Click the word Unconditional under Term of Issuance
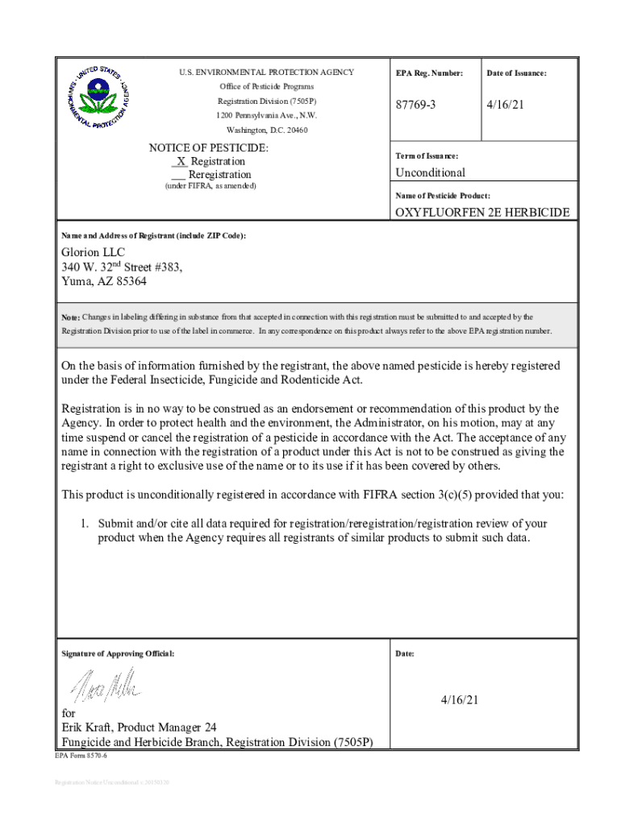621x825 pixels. click(x=430, y=172)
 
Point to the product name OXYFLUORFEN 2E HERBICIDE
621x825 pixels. click(x=481, y=213)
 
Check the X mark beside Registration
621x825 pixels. click(x=181, y=161)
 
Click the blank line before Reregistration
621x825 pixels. click(x=179, y=175)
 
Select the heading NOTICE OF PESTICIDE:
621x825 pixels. click(x=209, y=148)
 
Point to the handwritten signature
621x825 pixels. click(x=108, y=686)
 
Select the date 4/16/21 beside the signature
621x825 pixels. click(x=460, y=700)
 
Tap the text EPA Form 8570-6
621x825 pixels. click(x=81, y=757)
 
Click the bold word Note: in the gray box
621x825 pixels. click(x=71, y=317)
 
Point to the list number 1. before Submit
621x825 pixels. click(x=84, y=523)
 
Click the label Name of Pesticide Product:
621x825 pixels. click(x=443, y=196)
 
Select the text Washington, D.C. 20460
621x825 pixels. click(x=267, y=130)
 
